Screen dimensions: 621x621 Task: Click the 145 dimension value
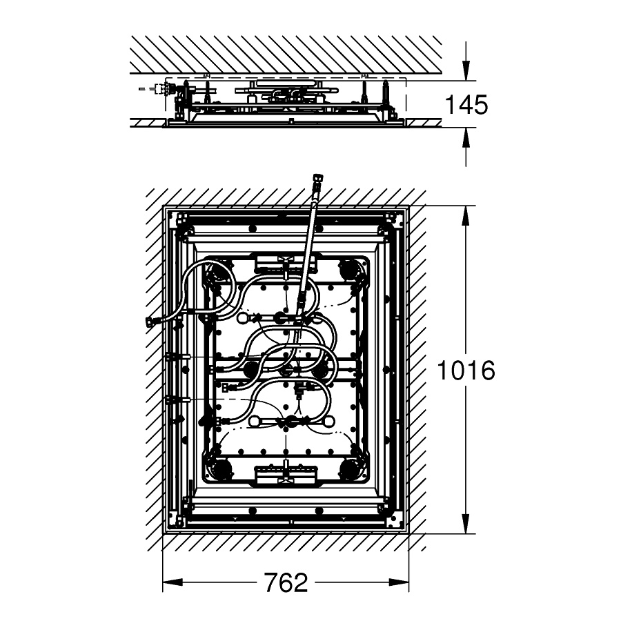(x=466, y=105)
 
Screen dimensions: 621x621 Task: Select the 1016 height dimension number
(x=466, y=370)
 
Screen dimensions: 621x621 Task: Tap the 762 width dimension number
(x=286, y=582)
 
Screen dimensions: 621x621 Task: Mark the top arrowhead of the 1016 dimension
(x=466, y=216)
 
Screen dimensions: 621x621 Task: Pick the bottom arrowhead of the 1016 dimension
(x=466, y=523)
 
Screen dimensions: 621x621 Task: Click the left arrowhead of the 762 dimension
(x=172, y=582)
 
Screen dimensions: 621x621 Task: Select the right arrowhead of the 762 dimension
(x=399, y=582)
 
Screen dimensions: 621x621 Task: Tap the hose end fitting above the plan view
(x=317, y=178)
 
